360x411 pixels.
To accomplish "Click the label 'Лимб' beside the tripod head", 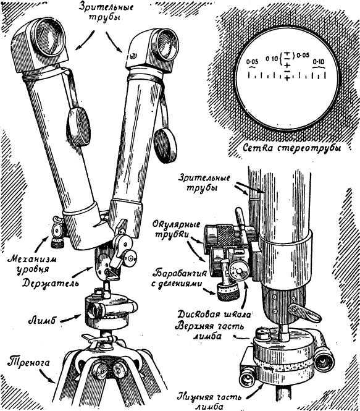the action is click(x=41, y=320).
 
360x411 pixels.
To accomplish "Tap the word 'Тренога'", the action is click(x=28, y=362).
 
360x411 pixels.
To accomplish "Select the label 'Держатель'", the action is click(x=50, y=283).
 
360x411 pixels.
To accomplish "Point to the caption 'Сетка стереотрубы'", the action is click(x=292, y=148).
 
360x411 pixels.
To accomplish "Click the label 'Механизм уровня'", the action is click(x=32, y=265).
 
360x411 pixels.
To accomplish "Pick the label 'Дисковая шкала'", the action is click(x=214, y=315).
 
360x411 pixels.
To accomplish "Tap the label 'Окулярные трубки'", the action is click(x=176, y=230).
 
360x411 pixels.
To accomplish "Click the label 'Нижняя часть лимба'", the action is click(x=209, y=400).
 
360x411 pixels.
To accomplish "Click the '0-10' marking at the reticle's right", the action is click(x=319, y=62).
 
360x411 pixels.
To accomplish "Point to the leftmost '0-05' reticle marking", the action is click(x=252, y=62).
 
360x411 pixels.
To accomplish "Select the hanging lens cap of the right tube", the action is click(x=165, y=145).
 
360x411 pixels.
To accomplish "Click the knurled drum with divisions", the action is click(x=228, y=292).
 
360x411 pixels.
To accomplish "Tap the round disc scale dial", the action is click(x=239, y=271).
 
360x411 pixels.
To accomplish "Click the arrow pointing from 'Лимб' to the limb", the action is click(x=70, y=317).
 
